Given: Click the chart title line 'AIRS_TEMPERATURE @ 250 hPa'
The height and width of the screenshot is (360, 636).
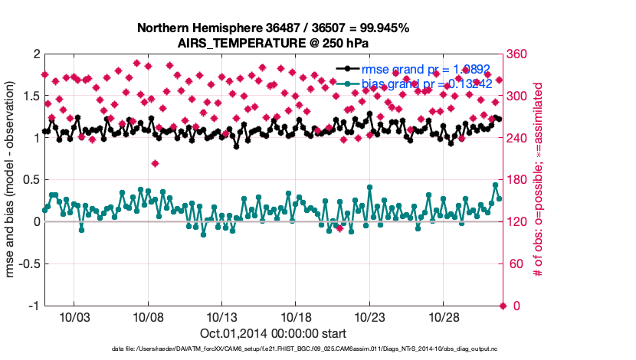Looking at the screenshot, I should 273,43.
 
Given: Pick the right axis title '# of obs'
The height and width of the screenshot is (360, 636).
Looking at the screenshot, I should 539,180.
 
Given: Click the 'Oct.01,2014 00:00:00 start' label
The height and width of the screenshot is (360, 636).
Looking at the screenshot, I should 273,334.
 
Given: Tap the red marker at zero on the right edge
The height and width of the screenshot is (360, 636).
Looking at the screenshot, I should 503,306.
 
